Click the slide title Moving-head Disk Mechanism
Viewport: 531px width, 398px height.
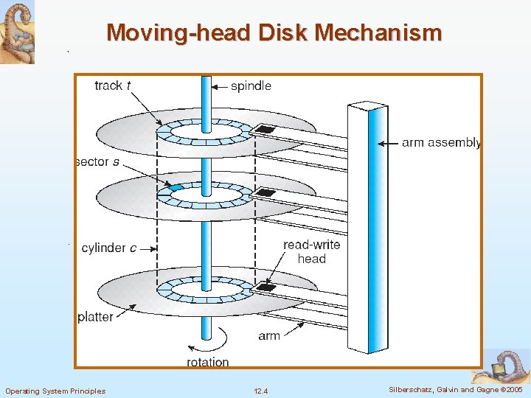tap(274, 33)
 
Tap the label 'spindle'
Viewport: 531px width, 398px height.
tap(251, 86)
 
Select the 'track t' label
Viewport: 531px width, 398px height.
tap(113, 85)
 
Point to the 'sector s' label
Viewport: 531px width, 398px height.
tap(97, 161)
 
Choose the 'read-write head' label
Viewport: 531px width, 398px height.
tap(311, 251)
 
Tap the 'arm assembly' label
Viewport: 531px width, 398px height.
tap(440, 142)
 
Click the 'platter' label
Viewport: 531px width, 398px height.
tap(96, 317)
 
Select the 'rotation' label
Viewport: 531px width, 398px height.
tap(207, 362)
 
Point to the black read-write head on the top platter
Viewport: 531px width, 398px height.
tap(264, 130)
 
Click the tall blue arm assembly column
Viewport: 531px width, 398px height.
tap(367, 228)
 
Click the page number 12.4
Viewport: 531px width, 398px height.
tap(260, 391)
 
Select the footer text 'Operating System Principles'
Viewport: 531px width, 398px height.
tap(55, 391)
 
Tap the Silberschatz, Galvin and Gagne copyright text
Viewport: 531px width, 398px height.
tap(455, 390)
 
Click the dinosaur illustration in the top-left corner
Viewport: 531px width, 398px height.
tap(17, 32)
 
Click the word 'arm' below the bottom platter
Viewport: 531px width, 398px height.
tap(269, 335)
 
